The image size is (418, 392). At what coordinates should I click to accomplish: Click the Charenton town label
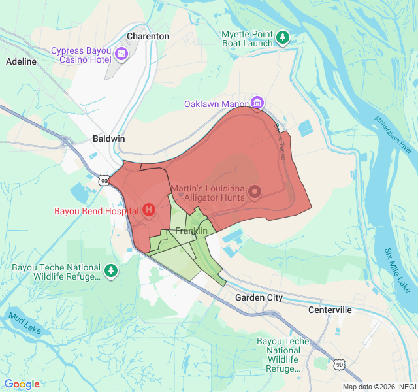148,37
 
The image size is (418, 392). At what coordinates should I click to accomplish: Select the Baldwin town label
108,139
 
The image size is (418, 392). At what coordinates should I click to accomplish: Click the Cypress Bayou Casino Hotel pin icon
121,53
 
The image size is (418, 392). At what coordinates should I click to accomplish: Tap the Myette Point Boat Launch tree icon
283,37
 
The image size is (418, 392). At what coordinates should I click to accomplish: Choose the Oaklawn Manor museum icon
257,103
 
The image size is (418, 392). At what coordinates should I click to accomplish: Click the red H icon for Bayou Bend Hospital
148,210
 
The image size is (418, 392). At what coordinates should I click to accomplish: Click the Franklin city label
191,231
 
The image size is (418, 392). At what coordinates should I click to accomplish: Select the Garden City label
259,297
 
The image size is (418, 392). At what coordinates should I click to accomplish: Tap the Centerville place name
330,309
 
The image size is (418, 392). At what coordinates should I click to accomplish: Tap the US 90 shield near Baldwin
104,180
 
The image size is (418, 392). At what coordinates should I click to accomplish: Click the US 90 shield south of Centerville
338,363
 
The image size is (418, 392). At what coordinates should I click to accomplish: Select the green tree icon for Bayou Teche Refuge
111,269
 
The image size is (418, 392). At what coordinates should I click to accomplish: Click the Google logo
22,384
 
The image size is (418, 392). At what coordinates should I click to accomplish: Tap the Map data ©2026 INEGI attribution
379,386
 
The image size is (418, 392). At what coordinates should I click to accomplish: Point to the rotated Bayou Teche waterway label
280,142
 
